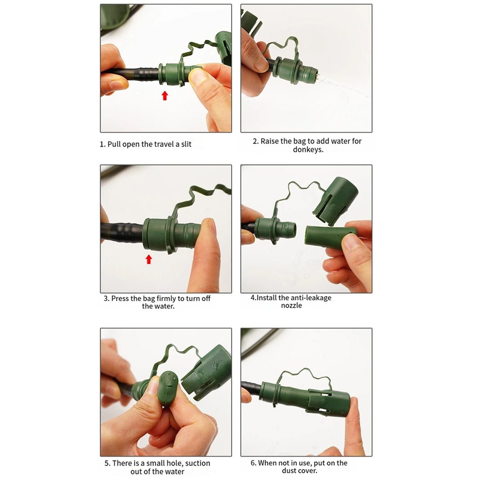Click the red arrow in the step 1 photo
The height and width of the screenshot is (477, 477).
(165, 95)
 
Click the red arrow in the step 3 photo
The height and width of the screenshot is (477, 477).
(149, 259)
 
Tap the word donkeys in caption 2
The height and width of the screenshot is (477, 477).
(308, 150)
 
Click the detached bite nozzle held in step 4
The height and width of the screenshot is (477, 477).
(330, 237)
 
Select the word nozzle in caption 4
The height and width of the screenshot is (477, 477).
(291, 305)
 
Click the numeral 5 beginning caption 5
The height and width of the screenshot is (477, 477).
(107, 463)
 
